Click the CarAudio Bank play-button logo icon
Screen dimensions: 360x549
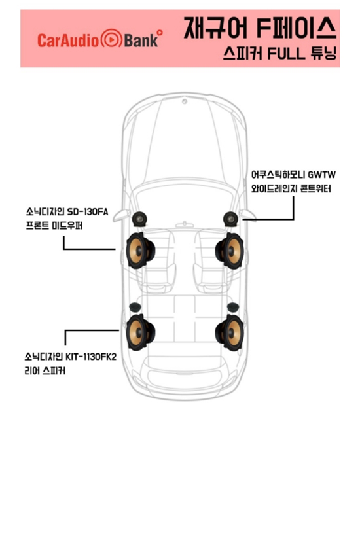point(111,39)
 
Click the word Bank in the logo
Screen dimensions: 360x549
point(141,41)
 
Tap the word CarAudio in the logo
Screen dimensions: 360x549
point(68,41)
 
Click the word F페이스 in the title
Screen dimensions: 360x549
point(297,27)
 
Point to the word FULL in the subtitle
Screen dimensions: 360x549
point(286,54)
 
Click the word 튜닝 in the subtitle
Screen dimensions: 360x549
point(323,54)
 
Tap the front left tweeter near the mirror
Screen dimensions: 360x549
point(139,219)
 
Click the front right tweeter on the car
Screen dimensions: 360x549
point(230,219)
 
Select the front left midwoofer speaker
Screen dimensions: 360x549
point(140,251)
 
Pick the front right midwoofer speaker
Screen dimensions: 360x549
point(230,251)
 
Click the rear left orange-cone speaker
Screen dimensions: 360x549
point(140,332)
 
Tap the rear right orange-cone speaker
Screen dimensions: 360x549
point(230,332)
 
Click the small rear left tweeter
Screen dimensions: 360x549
point(135,308)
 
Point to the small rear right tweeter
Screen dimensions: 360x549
point(233,308)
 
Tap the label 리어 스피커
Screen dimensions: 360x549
point(45,371)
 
